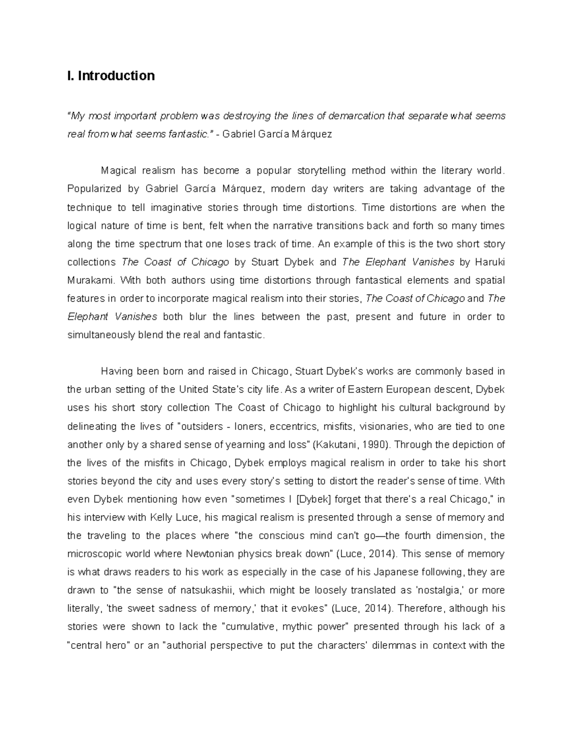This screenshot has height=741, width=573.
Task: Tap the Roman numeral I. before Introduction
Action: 70,76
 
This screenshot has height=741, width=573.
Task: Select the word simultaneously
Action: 101,335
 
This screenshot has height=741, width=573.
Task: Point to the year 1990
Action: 371,445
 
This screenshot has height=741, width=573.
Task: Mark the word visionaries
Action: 385,426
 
